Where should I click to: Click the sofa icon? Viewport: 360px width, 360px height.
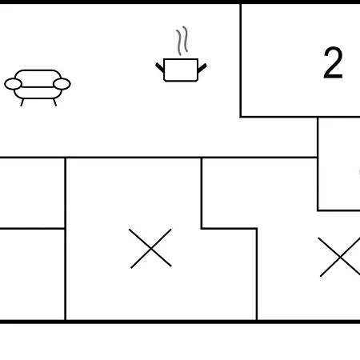[x=38, y=88]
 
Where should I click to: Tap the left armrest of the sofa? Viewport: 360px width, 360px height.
[x=13, y=84]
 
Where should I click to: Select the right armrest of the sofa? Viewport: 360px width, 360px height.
[x=62, y=84]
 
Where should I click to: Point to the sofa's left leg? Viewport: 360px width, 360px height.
[x=22, y=102]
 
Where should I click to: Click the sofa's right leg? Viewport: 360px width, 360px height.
[x=54, y=102]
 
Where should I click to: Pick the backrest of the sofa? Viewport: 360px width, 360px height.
[x=38, y=78]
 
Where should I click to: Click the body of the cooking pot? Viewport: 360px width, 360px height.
[x=181, y=70]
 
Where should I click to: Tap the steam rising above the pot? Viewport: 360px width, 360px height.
[x=182, y=41]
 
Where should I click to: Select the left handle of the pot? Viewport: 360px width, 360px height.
[x=160, y=68]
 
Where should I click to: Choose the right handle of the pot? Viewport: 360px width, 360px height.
[x=202, y=68]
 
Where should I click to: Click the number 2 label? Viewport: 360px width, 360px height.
[x=333, y=63]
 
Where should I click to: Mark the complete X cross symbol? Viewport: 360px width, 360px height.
[x=150, y=248]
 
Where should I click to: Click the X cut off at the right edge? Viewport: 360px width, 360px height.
[x=340, y=257]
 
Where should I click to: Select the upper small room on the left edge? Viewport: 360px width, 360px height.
[x=32, y=193]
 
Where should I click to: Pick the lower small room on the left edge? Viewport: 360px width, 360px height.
[x=32, y=274]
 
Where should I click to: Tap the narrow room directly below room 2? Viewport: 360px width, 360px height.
[x=339, y=164]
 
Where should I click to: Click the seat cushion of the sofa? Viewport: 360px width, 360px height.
[x=38, y=93]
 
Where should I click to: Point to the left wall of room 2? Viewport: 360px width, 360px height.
[x=241, y=60]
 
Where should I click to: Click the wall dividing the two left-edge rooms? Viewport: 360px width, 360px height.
[x=32, y=229]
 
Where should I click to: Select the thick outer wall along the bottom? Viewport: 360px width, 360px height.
[x=180, y=322]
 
